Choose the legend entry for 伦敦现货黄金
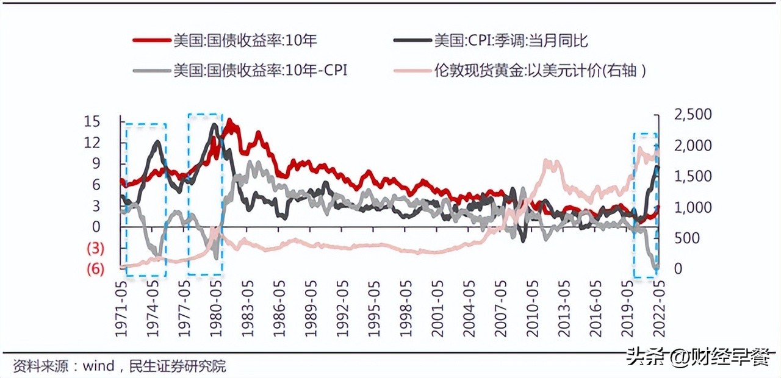pos(539,70)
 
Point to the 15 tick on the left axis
pos(92,121)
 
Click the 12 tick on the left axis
pos(92,143)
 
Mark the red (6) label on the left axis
pos(95,269)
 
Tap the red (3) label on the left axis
pos(95,248)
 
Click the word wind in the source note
pos(99,366)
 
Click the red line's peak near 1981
pos(230,122)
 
